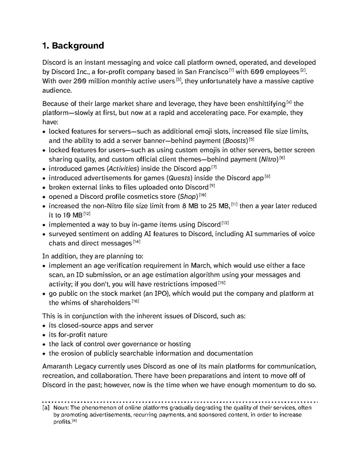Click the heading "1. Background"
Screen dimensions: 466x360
[73, 46]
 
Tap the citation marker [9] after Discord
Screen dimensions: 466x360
[212, 186]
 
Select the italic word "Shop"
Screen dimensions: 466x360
[187, 197]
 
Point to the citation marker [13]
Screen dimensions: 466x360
[225, 223]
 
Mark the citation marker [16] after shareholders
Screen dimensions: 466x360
[135, 301]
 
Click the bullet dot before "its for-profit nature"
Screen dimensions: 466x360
[44, 335]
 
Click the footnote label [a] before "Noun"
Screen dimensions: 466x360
[46, 408]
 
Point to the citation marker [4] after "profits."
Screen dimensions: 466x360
[74, 420]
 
